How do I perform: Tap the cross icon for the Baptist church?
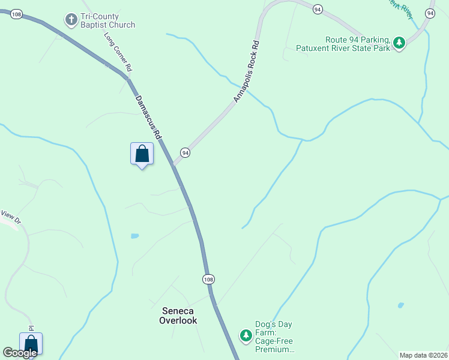71,20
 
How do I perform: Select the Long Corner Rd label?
118,52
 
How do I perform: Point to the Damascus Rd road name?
148,118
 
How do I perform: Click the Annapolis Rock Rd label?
247,71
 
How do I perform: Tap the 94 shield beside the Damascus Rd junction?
185,152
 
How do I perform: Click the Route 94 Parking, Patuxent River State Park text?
343,43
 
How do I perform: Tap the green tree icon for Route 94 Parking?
399,42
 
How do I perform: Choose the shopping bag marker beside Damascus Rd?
142,154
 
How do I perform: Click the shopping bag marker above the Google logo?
31,344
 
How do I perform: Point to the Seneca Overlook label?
178,316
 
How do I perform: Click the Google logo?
20,353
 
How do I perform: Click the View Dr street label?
11,215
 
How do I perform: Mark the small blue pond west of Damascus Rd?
134,236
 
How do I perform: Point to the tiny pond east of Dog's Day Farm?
400,305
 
